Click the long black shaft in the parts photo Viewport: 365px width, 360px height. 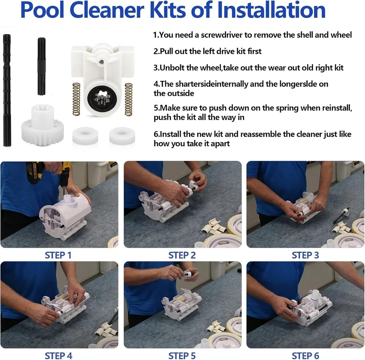pyautogui.click(x=7, y=90)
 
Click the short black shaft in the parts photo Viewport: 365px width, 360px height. pyautogui.click(x=41, y=66)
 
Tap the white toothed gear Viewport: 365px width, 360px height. pyautogui.click(x=39, y=126)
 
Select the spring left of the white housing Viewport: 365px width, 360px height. pyautogui.click(x=76, y=99)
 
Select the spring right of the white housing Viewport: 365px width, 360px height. pyautogui.click(x=129, y=99)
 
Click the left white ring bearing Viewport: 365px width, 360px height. pyautogui.click(x=85, y=136)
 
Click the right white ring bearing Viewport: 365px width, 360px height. pyautogui.click(x=122, y=136)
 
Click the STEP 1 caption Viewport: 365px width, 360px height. pyautogui.click(x=58, y=255)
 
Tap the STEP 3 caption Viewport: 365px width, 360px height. pyautogui.click(x=305, y=255)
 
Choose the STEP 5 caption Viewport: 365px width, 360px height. pyautogui.click(x=182, y=356)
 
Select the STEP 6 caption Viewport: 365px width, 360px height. pyautogui.click(x=305, y=356)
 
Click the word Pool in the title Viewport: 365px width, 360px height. pyautogui.click(x=42, y=10)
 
